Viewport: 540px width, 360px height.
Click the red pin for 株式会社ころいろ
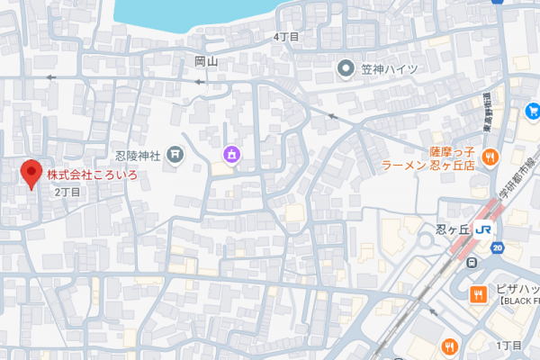tap(31, 173)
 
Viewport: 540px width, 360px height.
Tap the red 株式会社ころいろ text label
tap(92, 175)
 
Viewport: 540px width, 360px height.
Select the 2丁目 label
tap(67, 192)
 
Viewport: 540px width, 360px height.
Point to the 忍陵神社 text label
tap(137, 156)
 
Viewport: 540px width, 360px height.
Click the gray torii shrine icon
tap(175, 156)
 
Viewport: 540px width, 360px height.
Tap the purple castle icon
tap(231, 156)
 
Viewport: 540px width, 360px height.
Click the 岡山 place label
tap(206, 62)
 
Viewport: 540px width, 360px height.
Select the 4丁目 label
tap(286, 37)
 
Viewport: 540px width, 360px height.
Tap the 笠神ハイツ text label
tap(389, 69)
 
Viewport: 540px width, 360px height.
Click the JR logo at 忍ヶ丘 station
tap(485, 229)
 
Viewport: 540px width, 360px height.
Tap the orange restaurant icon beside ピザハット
tap(478, 293)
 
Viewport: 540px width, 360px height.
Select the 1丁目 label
tap(509, 346)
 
